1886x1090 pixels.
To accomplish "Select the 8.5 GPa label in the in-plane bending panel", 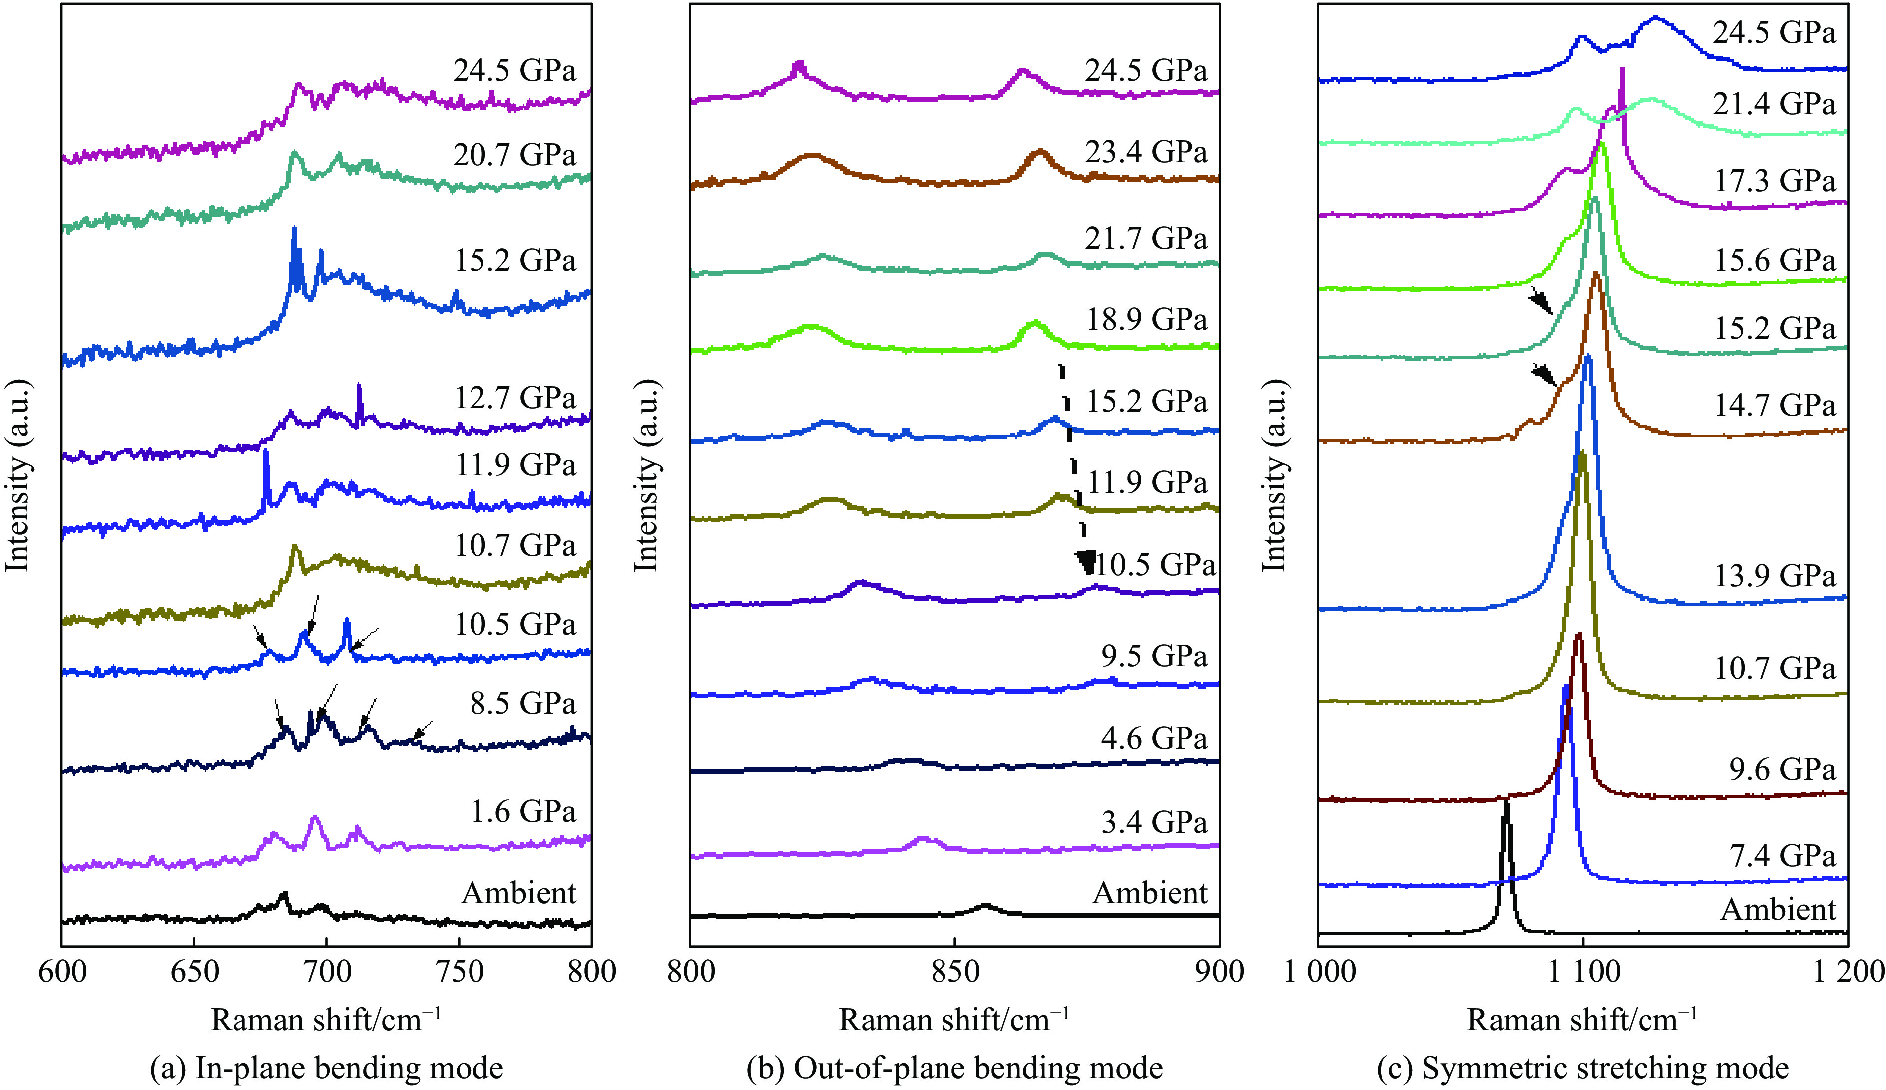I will (522, 703).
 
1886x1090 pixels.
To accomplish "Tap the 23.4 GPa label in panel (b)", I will (1146, 152).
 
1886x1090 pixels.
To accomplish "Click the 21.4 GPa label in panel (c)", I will (1774, 103).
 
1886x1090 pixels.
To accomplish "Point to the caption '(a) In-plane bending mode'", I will (326, 1068).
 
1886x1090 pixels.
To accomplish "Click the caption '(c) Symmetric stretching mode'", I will (1583, 1068).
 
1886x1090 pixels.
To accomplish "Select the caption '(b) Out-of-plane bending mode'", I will (954, 1068).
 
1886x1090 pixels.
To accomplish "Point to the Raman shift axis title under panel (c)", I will (1582, 1020).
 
